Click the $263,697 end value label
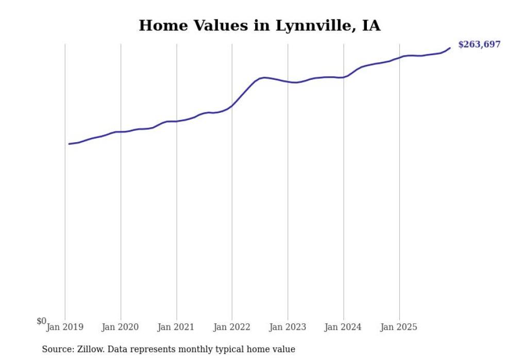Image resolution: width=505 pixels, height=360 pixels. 479,45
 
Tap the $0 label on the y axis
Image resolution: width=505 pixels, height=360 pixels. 41,321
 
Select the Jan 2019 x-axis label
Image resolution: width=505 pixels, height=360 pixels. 65,327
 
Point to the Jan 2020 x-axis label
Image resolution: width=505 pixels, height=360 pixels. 121,327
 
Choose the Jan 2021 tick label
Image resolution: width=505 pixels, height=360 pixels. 176,327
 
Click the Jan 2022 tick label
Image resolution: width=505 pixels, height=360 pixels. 232,327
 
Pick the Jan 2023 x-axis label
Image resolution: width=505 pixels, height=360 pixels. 288,327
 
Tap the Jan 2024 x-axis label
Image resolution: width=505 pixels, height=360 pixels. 343,327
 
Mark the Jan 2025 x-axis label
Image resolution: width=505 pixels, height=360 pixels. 399,327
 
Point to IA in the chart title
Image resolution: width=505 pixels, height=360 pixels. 371,26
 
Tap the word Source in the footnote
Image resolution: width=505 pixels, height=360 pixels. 56,349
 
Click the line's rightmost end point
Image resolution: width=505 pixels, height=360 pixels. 450,48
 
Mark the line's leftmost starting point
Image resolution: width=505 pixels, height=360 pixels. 69,144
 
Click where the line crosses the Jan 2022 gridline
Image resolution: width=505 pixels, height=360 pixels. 232,106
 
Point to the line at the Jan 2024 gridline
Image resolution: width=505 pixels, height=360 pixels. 343,77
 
